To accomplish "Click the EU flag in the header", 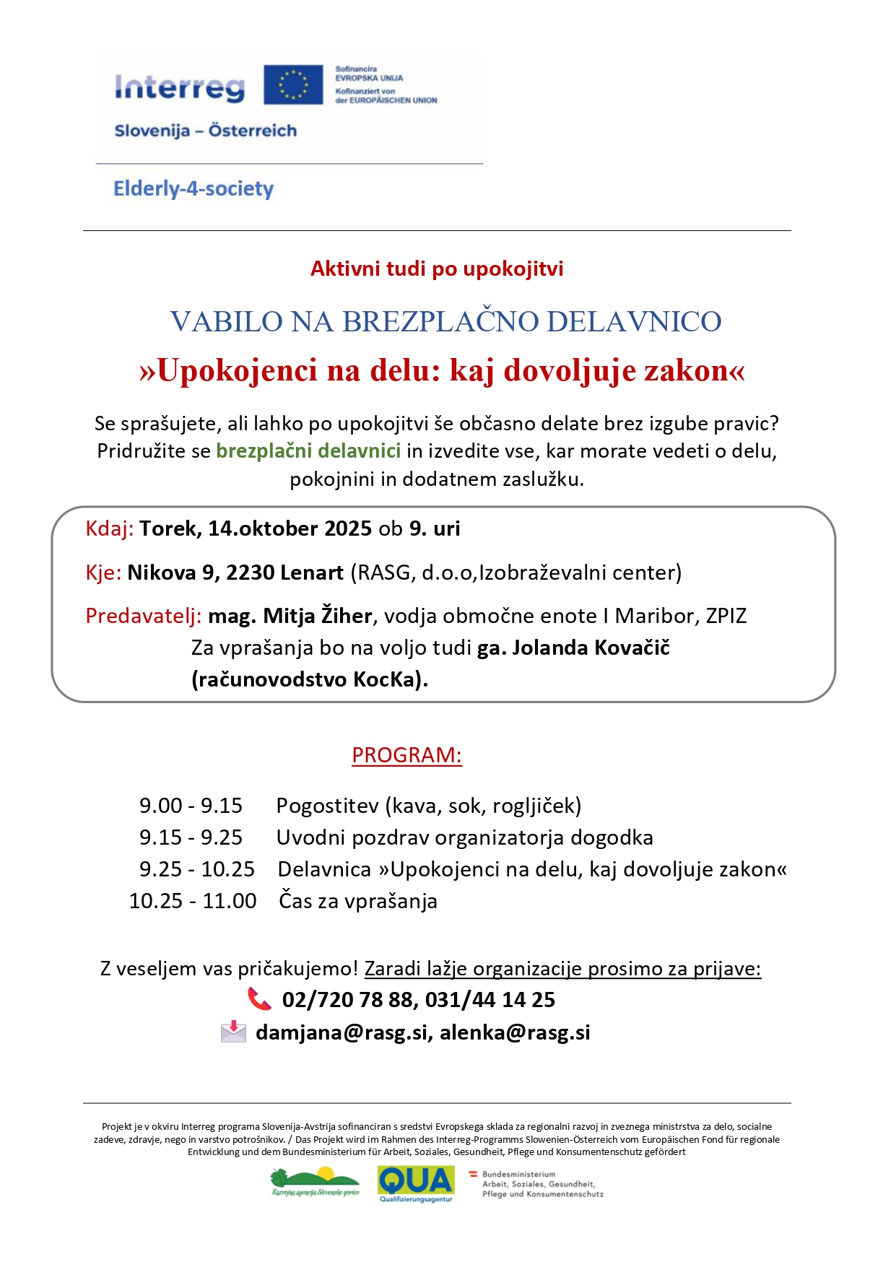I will pyautogui.click(x=292, y=84).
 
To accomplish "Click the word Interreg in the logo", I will pyautogui.click(x=180, y=88).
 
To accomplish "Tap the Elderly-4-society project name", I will pyautogui.click(x=193, y=189).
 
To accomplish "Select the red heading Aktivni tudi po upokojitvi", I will pyautogui.click(x=437, y=269).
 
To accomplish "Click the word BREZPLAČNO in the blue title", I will pyautogui.click(x=440, y=322).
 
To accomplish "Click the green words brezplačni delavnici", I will pyautogui.click(x=308, y=451).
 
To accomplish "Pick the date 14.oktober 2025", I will pyautogui.click(x=290, y=529).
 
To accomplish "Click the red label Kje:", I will pyautogui.click(x=103, y=573).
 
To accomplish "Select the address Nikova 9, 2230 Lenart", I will pyautogui.click(x=235, y=573).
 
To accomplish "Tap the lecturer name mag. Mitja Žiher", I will pyautogui.click(x=290, y=617).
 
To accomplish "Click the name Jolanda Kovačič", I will pyautogui.click(x=591, y=648).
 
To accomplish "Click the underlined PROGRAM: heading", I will pyautogui.click(x=406, y=755).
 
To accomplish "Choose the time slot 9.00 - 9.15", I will pyautogui.click(x=191, y=806).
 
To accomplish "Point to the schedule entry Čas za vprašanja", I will pyautogui.click(x=358, y=902).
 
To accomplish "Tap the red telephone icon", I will pyautogui.click(x=259, y=999).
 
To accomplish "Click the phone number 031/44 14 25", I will pyautogui.click(x=490, y=1000).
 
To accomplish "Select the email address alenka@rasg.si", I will pyautogui.click(x=515, y=1033).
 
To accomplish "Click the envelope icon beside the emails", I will pyautogui.click(x=233, y=1032).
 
